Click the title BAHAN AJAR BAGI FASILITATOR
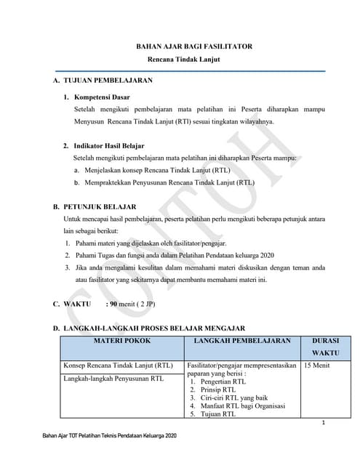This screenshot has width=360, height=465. point(194,46)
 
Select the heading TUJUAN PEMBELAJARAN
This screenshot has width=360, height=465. point(108,80)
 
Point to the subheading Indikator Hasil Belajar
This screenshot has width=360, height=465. point(108,145)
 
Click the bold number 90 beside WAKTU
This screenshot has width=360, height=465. point(113,304)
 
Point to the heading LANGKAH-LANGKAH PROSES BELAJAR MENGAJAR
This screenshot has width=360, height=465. point(153,328)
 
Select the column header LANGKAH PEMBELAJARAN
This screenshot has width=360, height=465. point(242,340)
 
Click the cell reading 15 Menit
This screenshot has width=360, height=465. point(317,365)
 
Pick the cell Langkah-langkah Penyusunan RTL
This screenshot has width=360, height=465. point(113,378)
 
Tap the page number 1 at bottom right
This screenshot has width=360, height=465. point(322,424)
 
